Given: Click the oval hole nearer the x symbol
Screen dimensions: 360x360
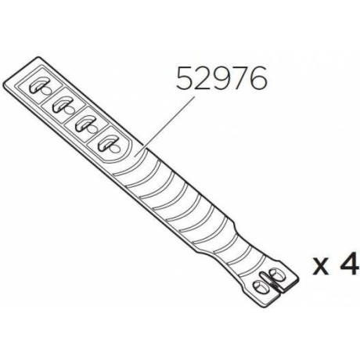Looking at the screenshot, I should [275, 275].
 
